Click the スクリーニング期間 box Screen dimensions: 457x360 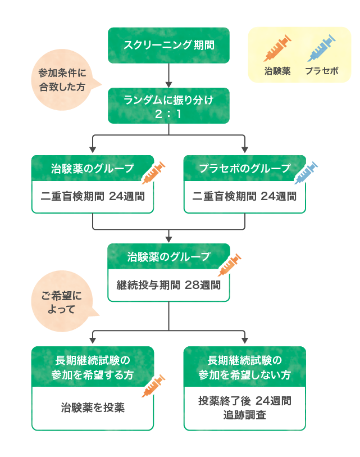[168, 45]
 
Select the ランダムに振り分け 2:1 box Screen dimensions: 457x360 [168, 105]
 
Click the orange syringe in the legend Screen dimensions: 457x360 [277, 48]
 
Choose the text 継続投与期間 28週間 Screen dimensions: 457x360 [168, 285]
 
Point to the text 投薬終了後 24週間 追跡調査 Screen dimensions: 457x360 [245, 408]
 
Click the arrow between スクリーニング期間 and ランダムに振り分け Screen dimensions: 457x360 [169, 75]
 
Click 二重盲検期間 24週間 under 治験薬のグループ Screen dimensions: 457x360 [93, 197]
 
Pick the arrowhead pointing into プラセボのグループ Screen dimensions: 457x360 [245, 150]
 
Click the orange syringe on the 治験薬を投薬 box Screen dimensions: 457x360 [154, 386]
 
